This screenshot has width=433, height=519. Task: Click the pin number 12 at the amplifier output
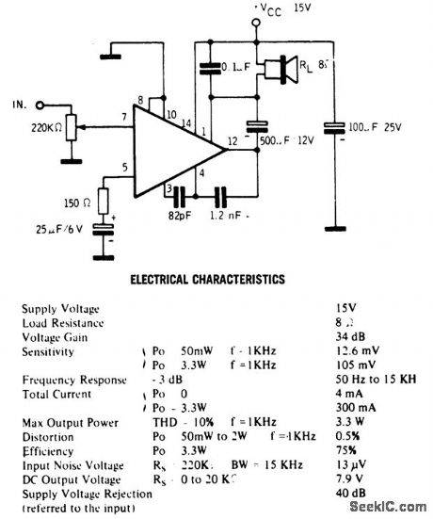(x=233, y=142)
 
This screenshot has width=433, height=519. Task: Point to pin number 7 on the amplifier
(x=123, y=118)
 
